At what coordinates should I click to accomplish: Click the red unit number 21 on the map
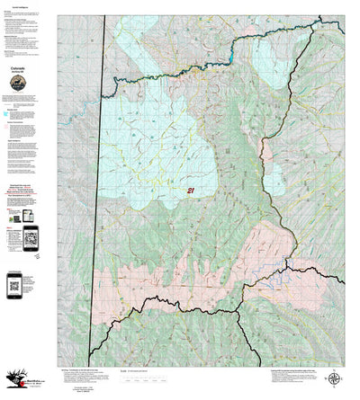coord(191,191)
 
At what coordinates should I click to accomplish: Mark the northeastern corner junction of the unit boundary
coord(320,24)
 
